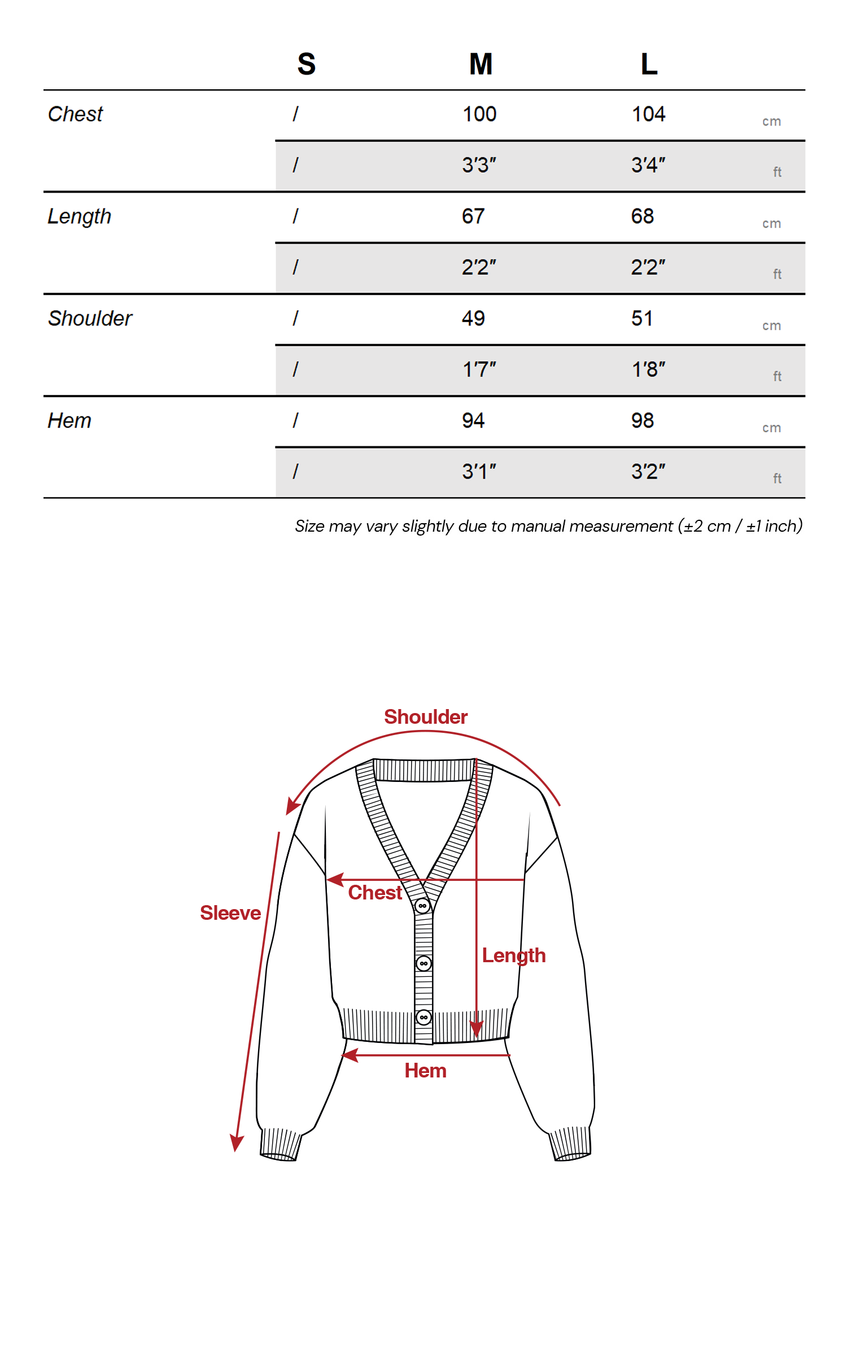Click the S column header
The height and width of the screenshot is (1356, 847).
306,64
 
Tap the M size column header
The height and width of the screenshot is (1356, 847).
481,64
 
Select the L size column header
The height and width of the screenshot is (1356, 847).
649,64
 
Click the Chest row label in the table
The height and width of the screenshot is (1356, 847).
75,114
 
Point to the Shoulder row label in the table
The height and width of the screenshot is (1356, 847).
90,319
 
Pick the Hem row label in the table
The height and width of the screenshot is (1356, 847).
69,421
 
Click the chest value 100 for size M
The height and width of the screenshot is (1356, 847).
479,114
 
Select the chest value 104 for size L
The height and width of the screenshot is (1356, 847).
648,114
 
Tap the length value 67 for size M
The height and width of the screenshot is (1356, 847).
473,216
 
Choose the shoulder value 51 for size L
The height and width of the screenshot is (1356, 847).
642,319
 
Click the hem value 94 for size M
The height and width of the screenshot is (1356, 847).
473,421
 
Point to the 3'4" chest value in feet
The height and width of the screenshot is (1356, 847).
648,166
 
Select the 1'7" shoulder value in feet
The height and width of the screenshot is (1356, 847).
479,370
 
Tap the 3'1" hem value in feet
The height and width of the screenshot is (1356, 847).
479,472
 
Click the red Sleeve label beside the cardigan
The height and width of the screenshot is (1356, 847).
230,913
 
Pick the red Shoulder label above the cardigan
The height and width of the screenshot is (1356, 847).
426,717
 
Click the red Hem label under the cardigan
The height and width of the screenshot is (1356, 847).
425,1071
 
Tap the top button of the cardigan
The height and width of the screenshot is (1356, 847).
422,906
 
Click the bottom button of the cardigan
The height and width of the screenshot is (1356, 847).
423,1018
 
